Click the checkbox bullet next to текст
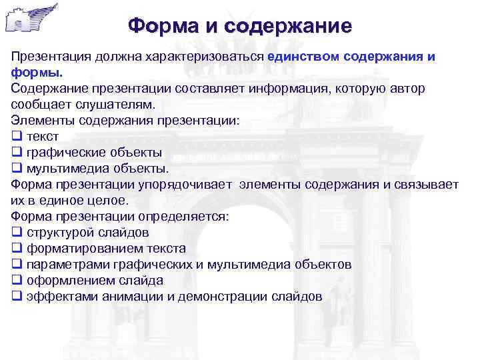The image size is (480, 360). coord(17,137)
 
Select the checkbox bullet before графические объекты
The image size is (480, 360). coord(17,153)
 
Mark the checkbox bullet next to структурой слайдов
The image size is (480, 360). coord(17,233)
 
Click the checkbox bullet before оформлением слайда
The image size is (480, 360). coord(17,281)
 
